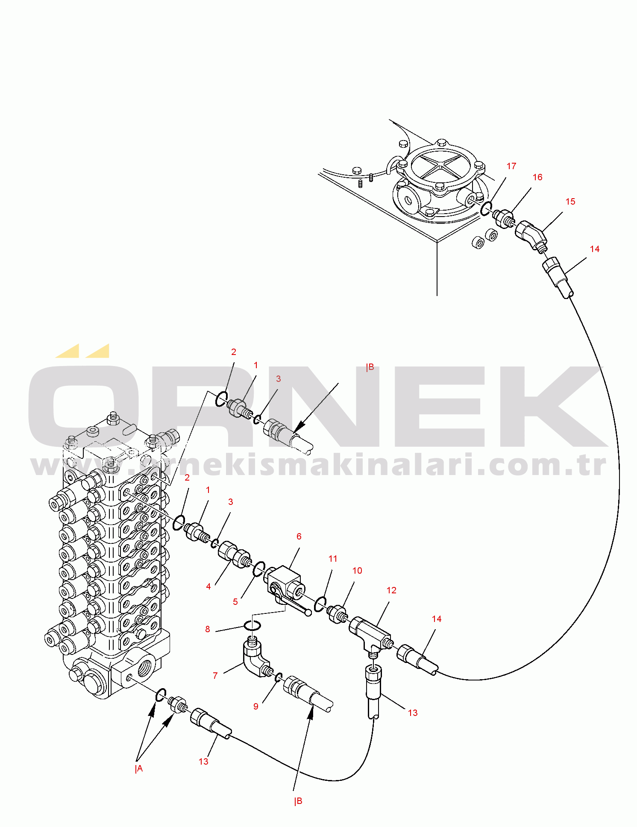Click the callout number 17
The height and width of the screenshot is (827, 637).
tap(511, 166)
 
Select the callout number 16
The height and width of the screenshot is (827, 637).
tap(537, 177)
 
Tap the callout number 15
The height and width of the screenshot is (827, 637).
tap(570, 202)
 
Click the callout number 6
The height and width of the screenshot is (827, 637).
tap(299, 537)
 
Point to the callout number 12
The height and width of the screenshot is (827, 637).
tap(391, 590)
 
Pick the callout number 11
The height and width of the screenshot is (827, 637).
tap(333, 559)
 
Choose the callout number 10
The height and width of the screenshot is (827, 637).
tap(357, 571)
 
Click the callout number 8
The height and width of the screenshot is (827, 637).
tap(208, 629)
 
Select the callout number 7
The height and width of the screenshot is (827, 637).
tap(215, 676)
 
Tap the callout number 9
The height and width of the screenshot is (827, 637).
tap(256, 707)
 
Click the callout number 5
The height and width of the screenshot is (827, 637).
tap(235, 602)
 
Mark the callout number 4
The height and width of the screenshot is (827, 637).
tap(208, 587)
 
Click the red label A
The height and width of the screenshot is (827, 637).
tap(139, 769)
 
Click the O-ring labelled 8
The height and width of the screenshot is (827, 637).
tap(252, 625)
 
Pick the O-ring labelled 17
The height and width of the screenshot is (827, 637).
tap(486, 209)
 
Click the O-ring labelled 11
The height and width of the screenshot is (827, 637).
tap(320, 604)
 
